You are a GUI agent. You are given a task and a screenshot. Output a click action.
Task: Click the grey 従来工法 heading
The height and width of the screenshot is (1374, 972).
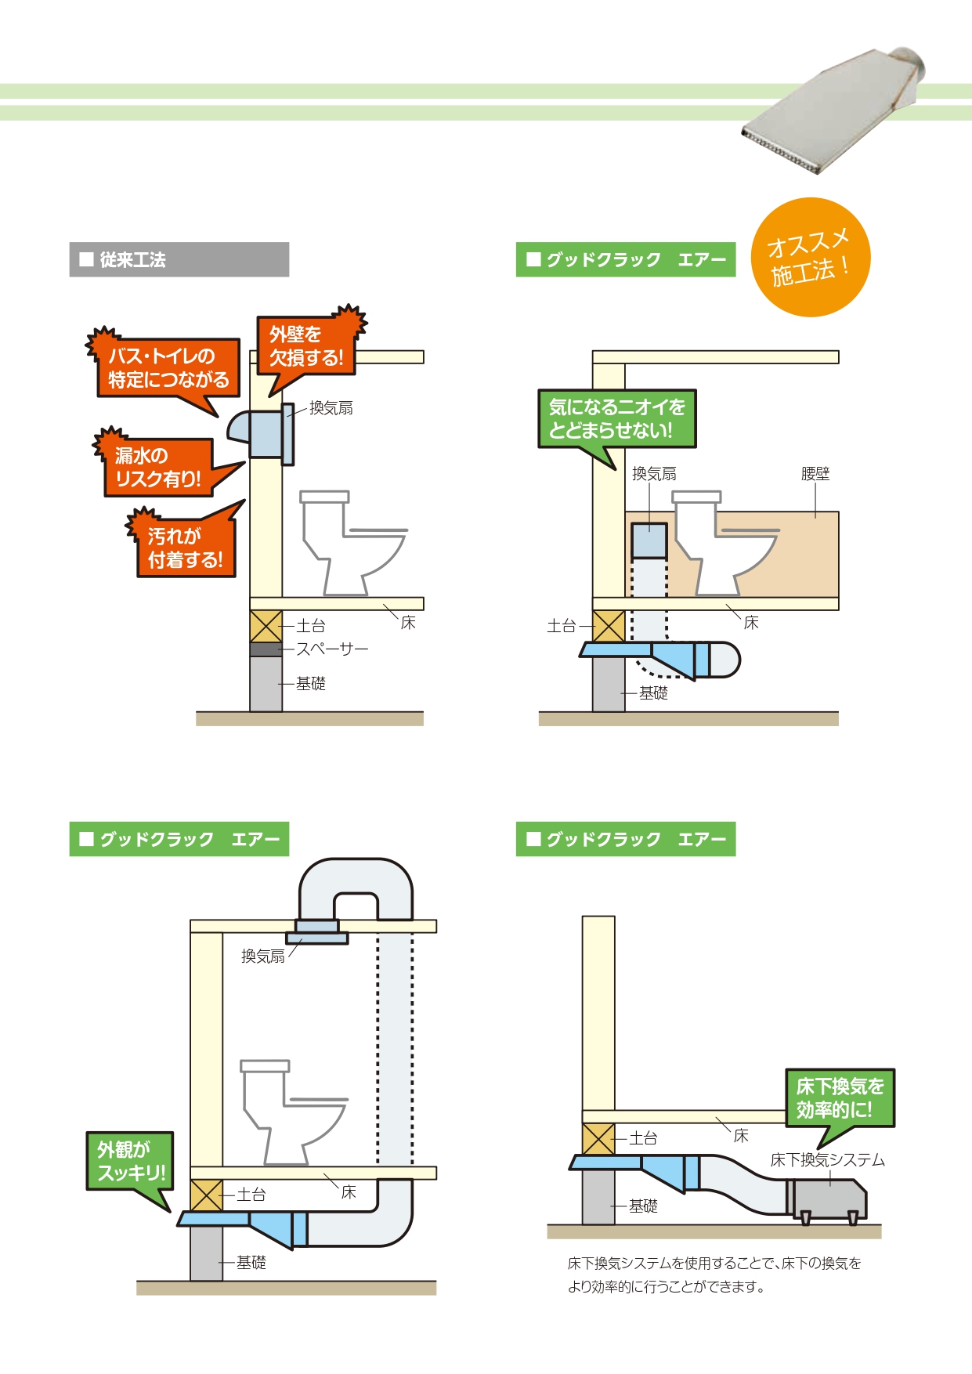point(179,259)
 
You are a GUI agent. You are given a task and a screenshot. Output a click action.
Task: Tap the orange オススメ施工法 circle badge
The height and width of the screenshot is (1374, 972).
point(811,257)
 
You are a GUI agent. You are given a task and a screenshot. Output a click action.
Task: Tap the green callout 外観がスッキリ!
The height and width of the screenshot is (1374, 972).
point(130,1162)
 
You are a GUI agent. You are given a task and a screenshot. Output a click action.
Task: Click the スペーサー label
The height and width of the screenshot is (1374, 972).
point(332,649)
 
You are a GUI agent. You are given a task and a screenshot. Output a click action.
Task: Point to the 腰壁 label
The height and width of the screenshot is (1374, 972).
point(815,474)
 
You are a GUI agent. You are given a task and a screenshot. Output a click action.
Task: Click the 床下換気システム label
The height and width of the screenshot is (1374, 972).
point(828,1160)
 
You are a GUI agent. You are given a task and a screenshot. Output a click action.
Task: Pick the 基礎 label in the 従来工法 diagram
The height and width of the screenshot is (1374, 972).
point(311,684)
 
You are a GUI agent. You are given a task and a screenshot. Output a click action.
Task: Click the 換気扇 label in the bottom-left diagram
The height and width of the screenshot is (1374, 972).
point(263,956)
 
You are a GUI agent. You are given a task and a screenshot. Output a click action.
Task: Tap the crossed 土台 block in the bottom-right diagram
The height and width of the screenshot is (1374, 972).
point(599,1139)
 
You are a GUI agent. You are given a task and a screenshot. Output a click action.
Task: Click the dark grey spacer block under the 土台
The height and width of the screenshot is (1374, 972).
point(266,649)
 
